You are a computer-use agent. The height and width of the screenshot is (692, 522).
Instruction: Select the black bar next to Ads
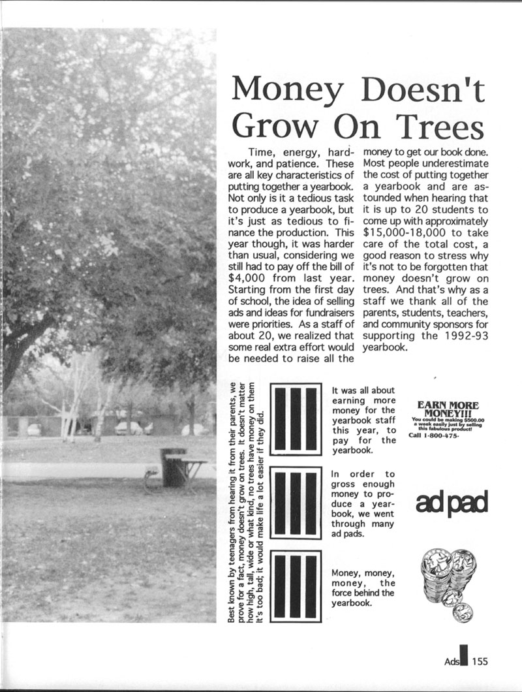[464, 658]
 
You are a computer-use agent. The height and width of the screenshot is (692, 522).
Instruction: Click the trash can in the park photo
[173, 467]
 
